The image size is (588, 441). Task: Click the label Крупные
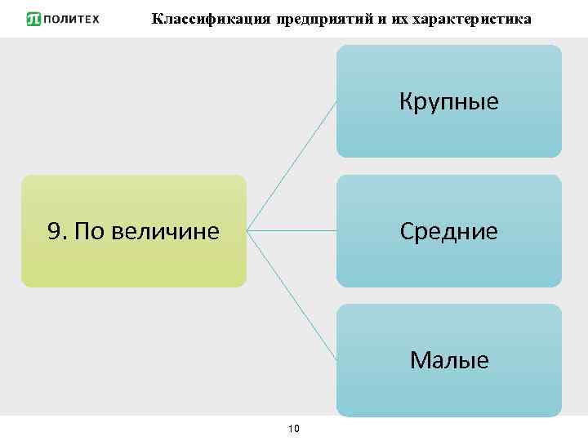coord(449,102)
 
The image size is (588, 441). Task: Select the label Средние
coord(449,231)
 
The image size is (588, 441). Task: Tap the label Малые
coord(449,360)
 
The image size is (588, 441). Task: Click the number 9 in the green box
coord(56,231)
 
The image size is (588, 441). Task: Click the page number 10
coord(295,428)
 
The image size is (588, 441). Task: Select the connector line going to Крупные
coord(292,166)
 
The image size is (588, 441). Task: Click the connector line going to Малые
coord(292,296)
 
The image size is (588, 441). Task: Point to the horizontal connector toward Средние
coord(292,231)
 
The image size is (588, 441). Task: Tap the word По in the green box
coord(89,231)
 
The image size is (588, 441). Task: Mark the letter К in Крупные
coord(406,102)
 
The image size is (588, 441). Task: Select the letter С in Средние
coord(406,231)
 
